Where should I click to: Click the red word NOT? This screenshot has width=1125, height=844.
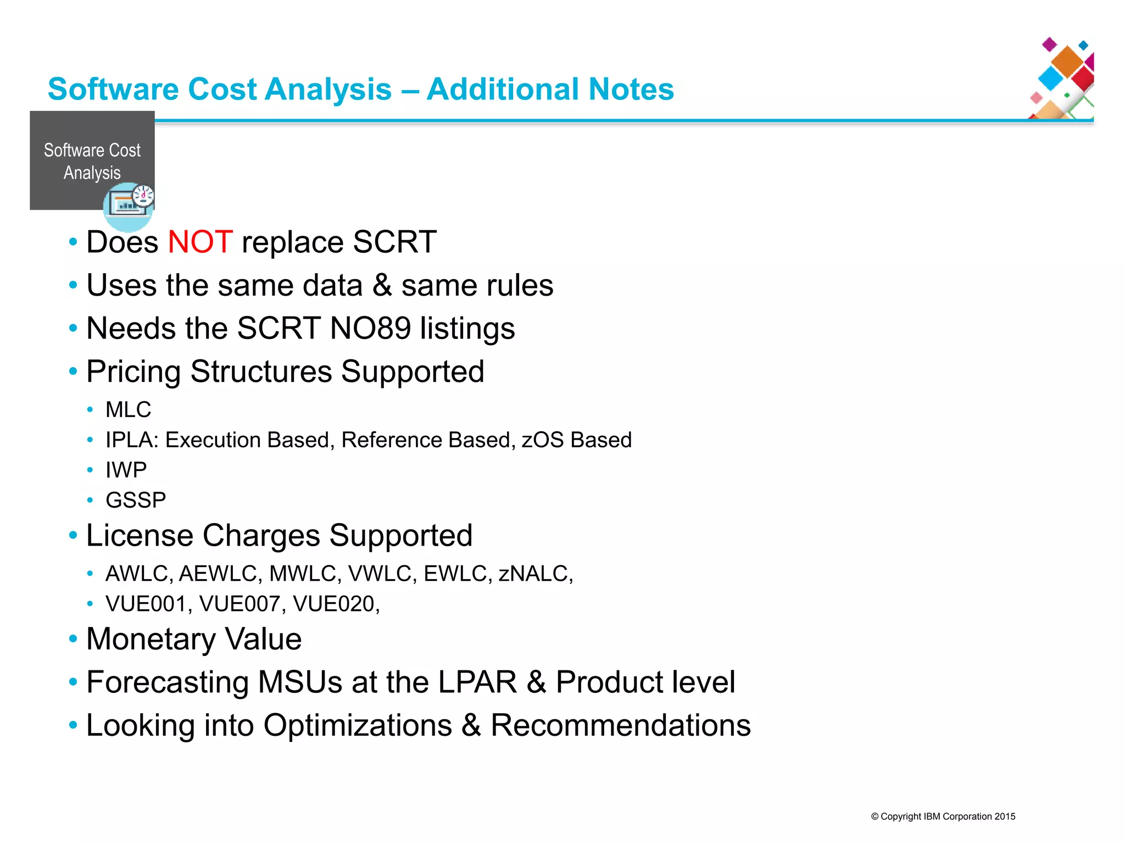pos(200,242)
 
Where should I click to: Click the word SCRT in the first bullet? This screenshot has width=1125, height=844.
pos(394,242)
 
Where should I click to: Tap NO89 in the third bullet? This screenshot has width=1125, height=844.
pos(370,329)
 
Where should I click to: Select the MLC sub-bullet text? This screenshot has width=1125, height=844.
pos(128,410)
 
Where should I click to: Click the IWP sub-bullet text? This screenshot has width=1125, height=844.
pos(126,470)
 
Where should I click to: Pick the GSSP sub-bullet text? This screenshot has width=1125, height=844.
pos(135,501)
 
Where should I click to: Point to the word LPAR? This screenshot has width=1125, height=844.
pos(477,682)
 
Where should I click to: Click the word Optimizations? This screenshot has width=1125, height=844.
pos(358,726)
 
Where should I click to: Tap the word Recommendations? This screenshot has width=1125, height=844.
pos(620,726)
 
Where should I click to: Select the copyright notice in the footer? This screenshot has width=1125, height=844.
pos(943,817)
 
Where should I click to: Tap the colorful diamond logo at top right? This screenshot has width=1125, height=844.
pos(1063,78)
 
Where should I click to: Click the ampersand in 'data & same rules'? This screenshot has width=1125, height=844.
pos(382,286)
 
